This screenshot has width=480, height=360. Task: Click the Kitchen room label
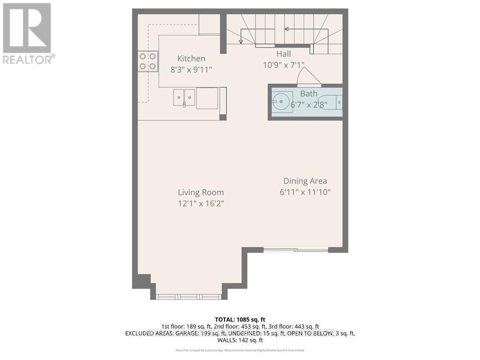point(191,59)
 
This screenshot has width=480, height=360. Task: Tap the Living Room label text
point(201,192)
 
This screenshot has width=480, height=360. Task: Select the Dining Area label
point(305,181)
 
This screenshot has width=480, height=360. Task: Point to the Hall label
point(283,54)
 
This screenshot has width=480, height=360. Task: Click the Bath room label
point(308,94)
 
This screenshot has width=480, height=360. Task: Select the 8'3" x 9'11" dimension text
point(191,70)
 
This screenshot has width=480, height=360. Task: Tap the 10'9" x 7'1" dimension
point(283,65)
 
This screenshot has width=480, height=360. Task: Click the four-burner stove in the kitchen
point(147,61)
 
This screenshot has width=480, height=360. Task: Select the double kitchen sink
point(184,97)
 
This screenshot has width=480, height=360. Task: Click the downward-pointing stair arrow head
point(241,41)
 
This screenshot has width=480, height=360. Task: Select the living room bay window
point(188,296)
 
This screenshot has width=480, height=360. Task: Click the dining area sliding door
point(295,250)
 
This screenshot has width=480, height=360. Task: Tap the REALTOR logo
point(28,33)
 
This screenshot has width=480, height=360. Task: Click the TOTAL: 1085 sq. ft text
point(240,319)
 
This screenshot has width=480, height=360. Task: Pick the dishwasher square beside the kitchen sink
point(207,98)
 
